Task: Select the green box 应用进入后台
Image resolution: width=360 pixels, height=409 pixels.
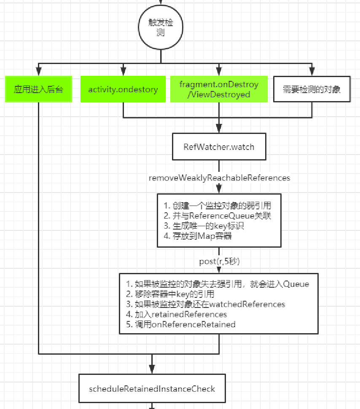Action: (38, 89)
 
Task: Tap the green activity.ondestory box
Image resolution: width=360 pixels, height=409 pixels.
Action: (123, 89)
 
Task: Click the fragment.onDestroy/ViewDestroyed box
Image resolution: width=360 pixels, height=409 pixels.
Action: (219, 89)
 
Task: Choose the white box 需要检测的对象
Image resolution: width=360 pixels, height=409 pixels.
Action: (312, 89)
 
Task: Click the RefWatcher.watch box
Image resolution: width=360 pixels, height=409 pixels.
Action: (219, 147)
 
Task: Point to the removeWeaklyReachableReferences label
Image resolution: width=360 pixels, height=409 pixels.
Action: (219, 178)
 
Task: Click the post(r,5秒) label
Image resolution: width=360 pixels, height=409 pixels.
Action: (219, 262)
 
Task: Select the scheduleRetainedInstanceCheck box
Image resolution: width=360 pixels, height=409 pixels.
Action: (152, 388)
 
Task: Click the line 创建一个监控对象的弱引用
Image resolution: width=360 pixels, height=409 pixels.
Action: (217, 206)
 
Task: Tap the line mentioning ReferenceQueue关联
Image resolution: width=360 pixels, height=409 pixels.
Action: (217, 216)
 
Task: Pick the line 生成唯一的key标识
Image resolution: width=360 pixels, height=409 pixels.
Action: (204, 226)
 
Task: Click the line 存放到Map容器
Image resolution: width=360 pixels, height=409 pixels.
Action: (198, 236)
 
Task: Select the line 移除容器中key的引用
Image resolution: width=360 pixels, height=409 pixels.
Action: (170, 294)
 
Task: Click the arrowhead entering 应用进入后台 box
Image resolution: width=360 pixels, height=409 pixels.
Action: (38, 73)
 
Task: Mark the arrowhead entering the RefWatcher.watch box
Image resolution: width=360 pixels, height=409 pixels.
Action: (219, 131)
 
